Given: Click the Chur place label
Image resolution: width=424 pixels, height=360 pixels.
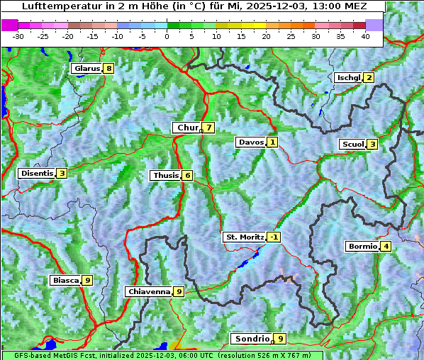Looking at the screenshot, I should [x=187, y=128].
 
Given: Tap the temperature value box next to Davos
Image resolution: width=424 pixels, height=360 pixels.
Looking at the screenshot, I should [x=272, y=142].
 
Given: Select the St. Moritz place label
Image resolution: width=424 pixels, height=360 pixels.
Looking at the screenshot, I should [x=245, y=237].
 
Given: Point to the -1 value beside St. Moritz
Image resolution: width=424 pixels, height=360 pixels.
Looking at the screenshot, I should [x=274, y=237].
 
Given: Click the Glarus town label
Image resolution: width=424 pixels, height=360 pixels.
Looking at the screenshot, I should [x=87, y=69].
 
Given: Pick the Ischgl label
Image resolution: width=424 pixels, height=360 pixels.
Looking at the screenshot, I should [x=349, y=77].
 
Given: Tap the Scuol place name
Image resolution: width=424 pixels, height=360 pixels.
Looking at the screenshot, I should [x=353, y=144].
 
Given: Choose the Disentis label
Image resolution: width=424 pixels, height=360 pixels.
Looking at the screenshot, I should [x=37, y=173].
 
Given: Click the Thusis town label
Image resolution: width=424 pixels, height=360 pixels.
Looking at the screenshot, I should [x=165, y=175].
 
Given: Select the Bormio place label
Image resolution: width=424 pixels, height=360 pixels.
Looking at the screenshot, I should [x=362, y=247].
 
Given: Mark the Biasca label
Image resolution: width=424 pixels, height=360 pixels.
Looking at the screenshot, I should [x=65, y=280].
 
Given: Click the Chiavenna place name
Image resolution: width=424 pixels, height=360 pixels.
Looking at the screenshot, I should [x=149, y=291].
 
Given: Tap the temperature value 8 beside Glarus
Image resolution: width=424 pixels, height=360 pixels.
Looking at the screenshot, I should [x=108, y=69].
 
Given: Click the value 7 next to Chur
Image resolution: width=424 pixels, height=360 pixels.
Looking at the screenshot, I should [x=208, y=128].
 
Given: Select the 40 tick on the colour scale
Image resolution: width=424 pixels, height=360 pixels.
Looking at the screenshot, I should [x=365, y=35].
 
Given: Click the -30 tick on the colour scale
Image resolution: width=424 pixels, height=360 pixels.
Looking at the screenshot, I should [x=18, y=35].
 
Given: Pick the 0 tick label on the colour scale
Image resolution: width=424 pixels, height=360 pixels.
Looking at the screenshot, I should [x=167, y=35].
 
